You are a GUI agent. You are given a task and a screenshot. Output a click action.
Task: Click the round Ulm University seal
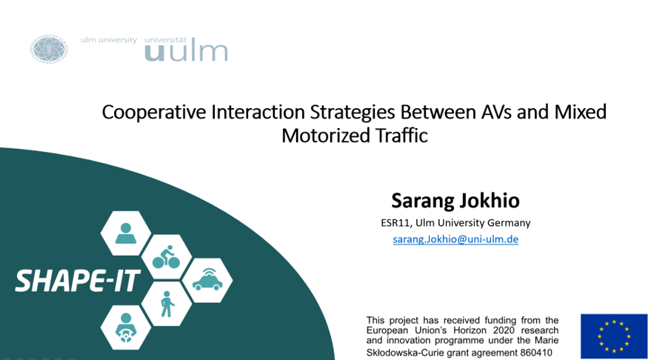(49, 49)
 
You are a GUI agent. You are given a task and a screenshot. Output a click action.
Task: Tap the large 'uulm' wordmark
(186, 52)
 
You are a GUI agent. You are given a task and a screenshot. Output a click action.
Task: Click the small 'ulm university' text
(109, 40)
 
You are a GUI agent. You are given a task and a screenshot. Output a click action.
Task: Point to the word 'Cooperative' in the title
(154, 112)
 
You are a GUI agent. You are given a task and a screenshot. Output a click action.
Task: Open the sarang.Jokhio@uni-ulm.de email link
(455, 239)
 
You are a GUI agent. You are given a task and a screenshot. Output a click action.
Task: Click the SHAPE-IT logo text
(78, 281)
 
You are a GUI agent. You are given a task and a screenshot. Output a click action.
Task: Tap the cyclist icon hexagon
(166, 257)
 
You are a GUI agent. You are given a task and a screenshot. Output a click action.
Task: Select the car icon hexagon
(207, 280)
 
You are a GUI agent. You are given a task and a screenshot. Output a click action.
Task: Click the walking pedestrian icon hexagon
(166, 304)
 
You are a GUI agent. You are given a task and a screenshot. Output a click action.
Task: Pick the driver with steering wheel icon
(125, 327)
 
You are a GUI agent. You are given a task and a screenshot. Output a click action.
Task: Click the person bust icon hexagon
(125, 233)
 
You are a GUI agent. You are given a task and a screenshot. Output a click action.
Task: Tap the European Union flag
(614, 336)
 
